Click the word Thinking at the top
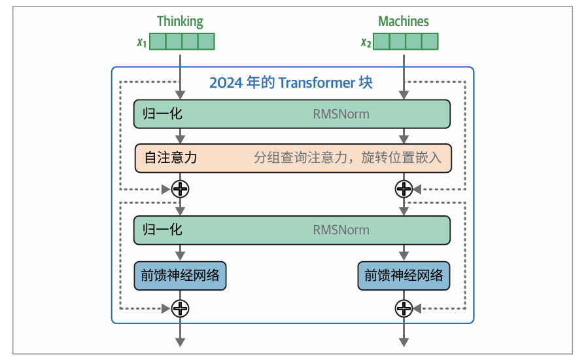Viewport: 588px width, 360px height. tap(180, 21)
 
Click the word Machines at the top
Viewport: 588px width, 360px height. tap(404, 21)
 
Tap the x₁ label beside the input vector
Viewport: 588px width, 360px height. tap(141, 43)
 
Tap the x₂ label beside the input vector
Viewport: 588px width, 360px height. tap(366, 43)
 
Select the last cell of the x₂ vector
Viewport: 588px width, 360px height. tap(430, 42)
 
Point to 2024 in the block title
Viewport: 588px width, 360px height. tap(223, 83)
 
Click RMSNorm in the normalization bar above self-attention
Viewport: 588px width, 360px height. tap(341, 115)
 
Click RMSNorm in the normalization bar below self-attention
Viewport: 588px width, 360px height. tap(341, 230)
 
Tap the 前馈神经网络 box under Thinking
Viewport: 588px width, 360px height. tap(180, 275)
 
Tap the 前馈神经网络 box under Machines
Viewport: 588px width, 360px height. tap(404, 275)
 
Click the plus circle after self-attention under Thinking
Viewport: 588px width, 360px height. tap(180, 189)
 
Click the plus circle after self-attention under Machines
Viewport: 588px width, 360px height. tap(404, 189)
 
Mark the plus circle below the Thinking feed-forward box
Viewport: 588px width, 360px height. tap(180, 308)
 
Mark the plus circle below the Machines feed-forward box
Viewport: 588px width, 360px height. tap(404, 308)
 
